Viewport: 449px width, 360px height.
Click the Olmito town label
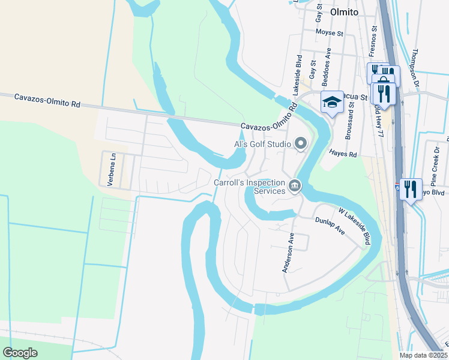(344, 12)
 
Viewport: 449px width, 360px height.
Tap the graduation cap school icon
(332, 103)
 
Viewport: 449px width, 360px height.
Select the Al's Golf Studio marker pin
(301, 143)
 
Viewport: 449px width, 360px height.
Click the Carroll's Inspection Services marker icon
(294, 186)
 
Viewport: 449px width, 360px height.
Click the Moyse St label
(328, 31)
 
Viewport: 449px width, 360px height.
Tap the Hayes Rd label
(343, 154)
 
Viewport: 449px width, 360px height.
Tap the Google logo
(20, 353)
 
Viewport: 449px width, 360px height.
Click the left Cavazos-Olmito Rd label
(47, 100)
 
